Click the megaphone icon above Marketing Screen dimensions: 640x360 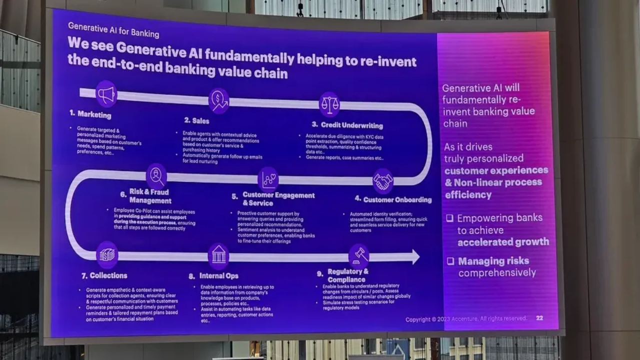106,94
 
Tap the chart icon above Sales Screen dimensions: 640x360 218,100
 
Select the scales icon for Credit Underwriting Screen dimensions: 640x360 329,104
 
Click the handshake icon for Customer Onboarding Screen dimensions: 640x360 383,181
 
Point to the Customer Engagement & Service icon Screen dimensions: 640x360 268,179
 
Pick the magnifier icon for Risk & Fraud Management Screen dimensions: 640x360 156,175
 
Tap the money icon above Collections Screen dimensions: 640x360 106,254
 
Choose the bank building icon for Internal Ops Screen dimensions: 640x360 218,256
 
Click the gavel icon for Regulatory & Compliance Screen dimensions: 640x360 358,256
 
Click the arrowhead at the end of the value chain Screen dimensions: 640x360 414,256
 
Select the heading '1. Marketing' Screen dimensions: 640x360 90,114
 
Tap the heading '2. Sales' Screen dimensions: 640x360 196,120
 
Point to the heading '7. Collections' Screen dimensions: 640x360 104,275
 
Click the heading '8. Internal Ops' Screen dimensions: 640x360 213,276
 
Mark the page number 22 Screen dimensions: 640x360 539,318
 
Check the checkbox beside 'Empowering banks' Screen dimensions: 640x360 450,218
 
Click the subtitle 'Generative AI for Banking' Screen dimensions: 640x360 113,30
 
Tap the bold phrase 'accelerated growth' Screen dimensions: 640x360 503,242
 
